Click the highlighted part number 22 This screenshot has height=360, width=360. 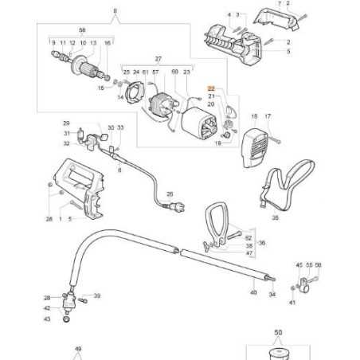pos(212,89)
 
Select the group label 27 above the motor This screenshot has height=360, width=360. pos(158,59)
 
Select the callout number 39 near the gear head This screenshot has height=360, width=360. pos(96,295)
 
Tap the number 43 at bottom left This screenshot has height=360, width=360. pos(47,319)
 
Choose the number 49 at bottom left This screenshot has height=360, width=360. pos(78,348)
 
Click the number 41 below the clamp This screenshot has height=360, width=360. pos(292,303)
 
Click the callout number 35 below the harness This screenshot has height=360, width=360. pos(276,216)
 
